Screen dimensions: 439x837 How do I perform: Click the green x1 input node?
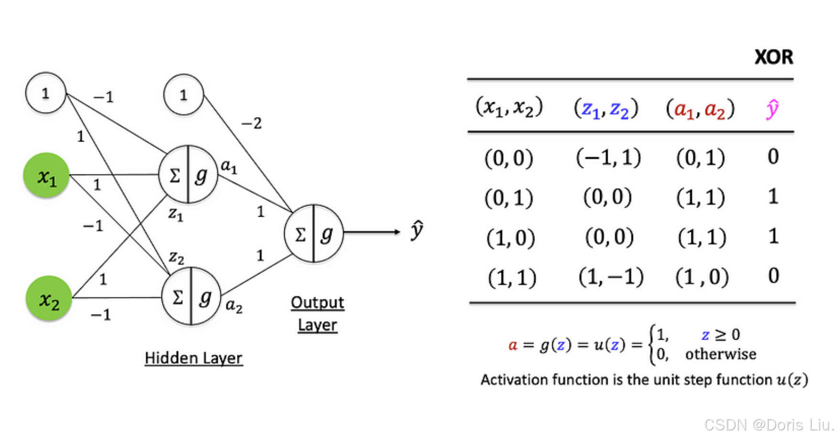[46, 176]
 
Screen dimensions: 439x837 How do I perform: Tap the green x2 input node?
[48, 298]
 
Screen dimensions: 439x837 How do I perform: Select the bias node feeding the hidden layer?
[45, 93]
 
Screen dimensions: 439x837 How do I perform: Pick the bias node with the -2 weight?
[183, 95]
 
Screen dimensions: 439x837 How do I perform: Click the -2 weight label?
[251, 123]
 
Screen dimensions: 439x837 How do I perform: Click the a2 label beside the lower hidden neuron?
[234, 305]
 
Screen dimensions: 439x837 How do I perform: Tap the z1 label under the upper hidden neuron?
[175, 214]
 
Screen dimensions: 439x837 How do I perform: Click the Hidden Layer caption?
[193, 358]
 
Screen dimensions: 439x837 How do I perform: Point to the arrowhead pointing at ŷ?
[397, 232]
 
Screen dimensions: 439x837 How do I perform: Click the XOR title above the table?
[773, 57]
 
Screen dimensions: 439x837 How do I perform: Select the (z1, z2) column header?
[606, 109]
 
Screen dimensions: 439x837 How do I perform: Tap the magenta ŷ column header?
[772, 109]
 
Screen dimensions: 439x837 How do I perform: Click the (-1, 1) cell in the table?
[608, 157]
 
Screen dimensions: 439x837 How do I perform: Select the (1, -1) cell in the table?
[611, 276]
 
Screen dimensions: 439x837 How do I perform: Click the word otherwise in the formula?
[720, 354]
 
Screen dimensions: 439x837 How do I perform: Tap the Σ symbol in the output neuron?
[300, 235]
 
